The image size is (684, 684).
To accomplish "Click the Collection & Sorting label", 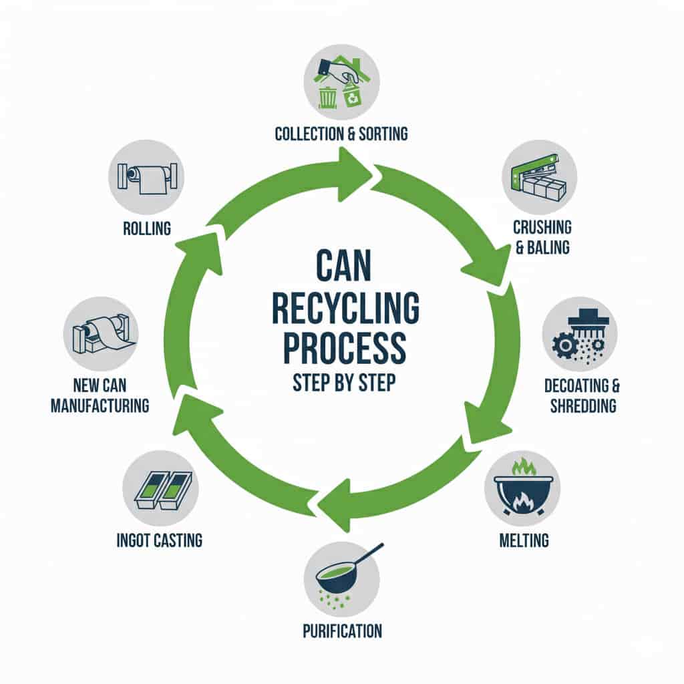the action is click(x=341, y=134).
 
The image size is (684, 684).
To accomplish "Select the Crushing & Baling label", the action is click(x=542, y=237).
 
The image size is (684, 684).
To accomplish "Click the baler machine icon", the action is click(x=540, y=176).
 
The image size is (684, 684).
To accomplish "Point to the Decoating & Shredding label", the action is click(x=582, y=395).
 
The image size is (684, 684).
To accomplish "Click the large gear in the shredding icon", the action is click(x=565, y=345).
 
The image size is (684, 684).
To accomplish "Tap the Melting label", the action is click(x=524, y=541).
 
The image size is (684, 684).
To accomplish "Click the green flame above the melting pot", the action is click(x=523, y=467).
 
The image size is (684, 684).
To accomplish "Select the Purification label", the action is click(x=343, y=631).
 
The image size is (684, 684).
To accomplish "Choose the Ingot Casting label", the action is click(x=159, y=541).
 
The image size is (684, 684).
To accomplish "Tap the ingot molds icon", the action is click(x=162, y=490).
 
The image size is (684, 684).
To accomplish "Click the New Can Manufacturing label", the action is click(x=100, y=395).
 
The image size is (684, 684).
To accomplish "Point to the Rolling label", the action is click(x=147, y=228).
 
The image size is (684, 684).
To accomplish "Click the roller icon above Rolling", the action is click(x=147, y=178).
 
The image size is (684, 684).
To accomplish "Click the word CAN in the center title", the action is click(x=343, y=266).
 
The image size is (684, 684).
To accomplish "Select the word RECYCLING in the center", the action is click(x=345, y=308).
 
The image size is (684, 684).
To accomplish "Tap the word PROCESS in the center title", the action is click(x=345, y=347).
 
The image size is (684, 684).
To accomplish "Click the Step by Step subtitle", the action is click(x=344, y=383).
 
